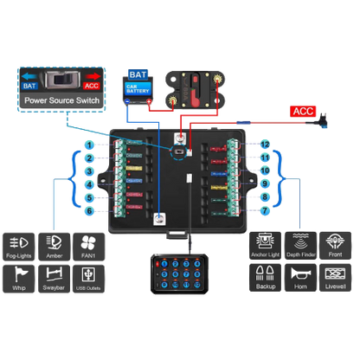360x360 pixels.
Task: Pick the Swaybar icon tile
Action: point(55,278)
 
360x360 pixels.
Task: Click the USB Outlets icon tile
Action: point(87,278)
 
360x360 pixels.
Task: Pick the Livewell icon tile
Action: point(335,278)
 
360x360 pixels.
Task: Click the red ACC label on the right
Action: point(304,112)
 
